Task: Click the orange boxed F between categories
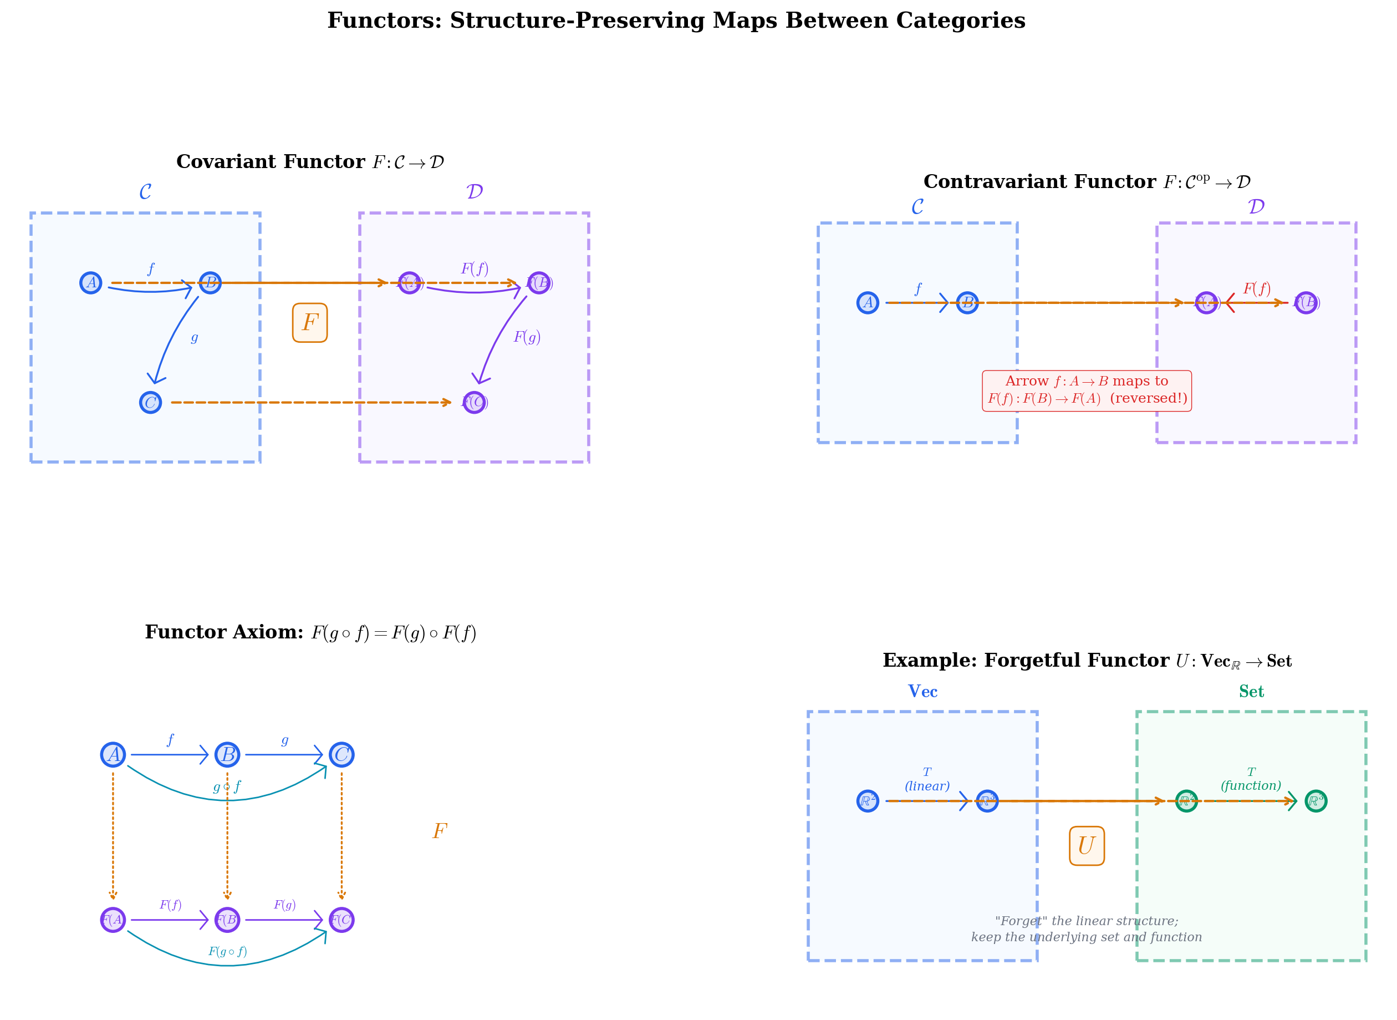(x=310, y=322)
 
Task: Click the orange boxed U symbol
(x=1086, y=845)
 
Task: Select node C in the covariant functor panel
(x=151, y=403)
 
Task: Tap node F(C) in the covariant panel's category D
(x=474, y=403)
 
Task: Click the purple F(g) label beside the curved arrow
(x=527, y=337)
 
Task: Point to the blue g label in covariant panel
(x=195, y=337)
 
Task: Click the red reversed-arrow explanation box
(x=1086, y=390)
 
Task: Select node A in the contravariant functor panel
(x=868, y=302)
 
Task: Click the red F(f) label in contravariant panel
(x=1256, y=288)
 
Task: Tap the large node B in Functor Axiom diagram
(x=227, y=754)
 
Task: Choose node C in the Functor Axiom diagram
(x=341, y=754)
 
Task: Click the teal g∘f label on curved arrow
(x=226, y=786)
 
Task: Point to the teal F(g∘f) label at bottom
(x=227, y=951)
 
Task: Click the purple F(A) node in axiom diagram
(x=113, y=920)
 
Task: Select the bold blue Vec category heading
(x=922, y=692)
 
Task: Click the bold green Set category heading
(x=1251, y=692)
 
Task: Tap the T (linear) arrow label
(x=927, y=779)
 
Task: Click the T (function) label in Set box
(x=1250, y=779)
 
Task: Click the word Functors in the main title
(x=384, y=21)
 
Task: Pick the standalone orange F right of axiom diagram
(x=440, y=831)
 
